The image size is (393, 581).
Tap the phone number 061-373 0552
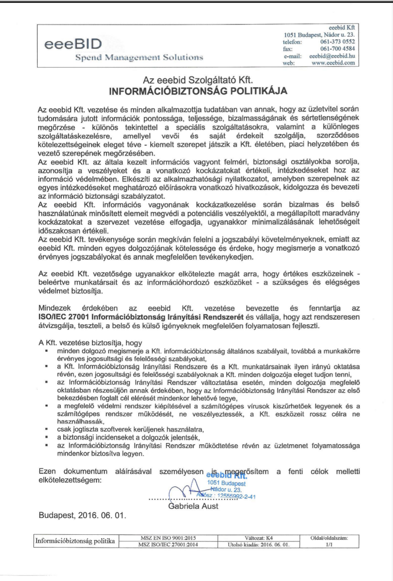(x=337, y=42)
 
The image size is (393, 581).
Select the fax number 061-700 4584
(x=337, y=49)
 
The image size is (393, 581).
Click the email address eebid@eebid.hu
(x=332, y=56)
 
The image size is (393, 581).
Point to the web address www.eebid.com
(x=333, y=63)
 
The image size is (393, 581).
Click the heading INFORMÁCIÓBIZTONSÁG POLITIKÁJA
(x=198, y=90)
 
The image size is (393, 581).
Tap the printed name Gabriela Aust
(x=193, y=506)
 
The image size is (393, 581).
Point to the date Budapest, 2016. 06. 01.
(x=82, y=515)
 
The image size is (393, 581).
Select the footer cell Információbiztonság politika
(x=75, y=541)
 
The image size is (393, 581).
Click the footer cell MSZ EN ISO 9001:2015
(x=168, y=538)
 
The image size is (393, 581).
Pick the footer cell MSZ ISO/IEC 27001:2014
(x=168, y=545)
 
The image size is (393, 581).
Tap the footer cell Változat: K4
(x=258, y=538)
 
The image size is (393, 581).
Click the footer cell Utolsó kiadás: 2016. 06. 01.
(x=258, y=545)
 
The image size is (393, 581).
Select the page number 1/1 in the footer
(x=329, y=545)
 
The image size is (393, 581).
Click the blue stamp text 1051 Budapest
(x=226, y=483)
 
